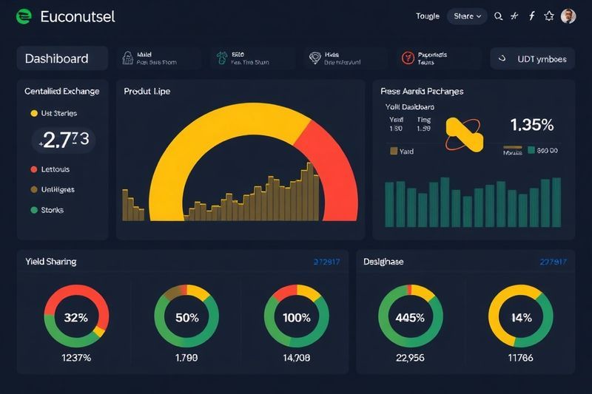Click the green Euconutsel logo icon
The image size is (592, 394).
tap(24, 16)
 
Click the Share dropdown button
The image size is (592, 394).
tap(468, 16)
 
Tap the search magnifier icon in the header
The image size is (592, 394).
tap(498, 16)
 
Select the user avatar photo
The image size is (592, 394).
tap(568, 16)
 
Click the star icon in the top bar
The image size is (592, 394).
tap(549, 16)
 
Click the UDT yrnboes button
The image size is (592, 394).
tap(533, 58)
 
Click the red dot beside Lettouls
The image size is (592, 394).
tap(33, 169)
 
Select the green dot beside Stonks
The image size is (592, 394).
tap(33, 210)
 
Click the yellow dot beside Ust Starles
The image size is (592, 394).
tap(33, 114)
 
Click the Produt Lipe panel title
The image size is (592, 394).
tap(147, 92)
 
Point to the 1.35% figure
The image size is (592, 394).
tap(532, 125)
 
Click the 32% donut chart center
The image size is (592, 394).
tap(76, 318)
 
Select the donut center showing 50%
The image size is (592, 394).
tap(186, 318)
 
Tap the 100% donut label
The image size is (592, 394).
tap(297, 318)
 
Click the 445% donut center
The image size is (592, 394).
tap(410, 318)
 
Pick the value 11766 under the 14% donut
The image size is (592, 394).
tap(520, 359)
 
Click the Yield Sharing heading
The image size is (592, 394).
tap(50, 262)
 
